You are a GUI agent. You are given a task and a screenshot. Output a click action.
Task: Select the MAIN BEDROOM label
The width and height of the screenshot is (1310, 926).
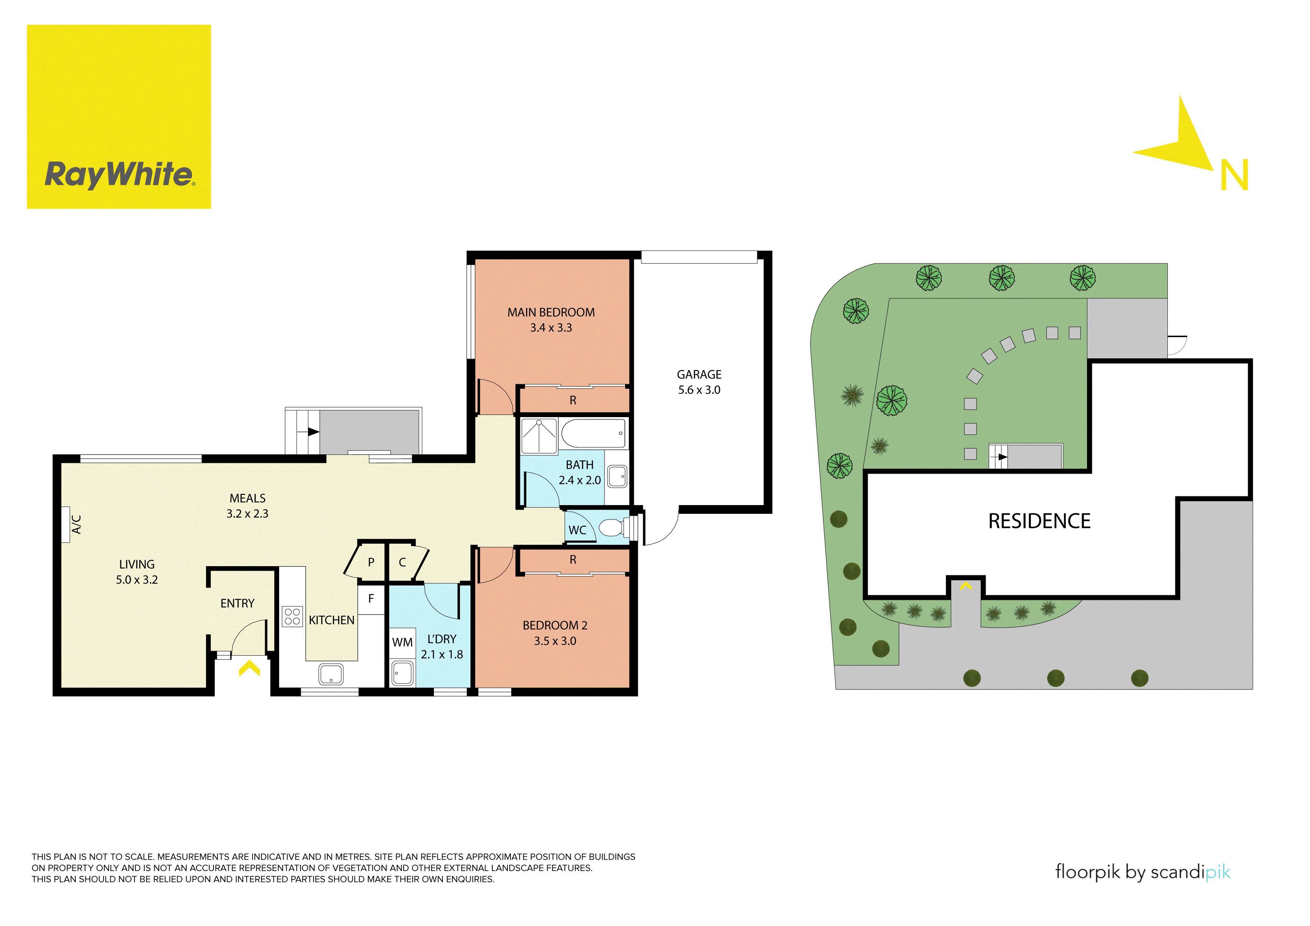tap(551, 313)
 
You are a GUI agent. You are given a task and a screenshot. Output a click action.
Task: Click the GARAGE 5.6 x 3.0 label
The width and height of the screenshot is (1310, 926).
tap(699, 382)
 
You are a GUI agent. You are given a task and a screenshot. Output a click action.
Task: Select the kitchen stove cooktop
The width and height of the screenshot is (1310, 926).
tap(292, 616)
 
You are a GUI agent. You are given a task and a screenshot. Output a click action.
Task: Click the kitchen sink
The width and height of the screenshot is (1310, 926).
tap(331, 674)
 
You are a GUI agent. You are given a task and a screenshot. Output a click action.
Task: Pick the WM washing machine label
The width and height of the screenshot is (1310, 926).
tap(402, 642)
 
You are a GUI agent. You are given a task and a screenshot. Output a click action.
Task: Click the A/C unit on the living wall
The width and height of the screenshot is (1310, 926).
tap(66, 524)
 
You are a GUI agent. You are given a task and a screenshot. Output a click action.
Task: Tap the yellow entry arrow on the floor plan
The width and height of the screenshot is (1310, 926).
tap(249, 668)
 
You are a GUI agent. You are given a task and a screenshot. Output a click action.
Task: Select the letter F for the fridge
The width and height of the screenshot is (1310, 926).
tap(371, 598)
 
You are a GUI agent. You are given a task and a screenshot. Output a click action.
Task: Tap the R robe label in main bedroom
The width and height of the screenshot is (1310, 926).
tap(573, 400)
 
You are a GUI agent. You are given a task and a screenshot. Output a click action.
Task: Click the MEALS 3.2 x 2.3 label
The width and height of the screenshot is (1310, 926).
tap(247, 505)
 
